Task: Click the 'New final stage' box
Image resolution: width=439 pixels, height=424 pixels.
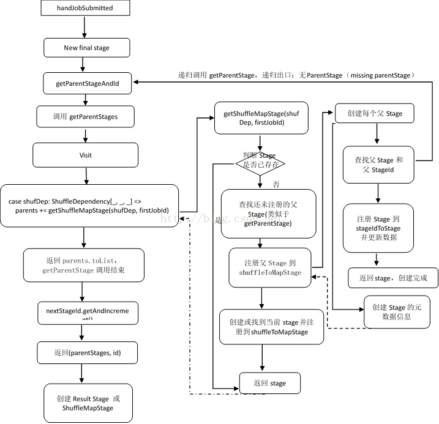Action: point(86,48)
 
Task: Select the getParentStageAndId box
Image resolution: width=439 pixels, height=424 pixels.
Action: point(87,83)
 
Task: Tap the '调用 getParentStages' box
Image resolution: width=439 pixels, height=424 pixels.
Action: point(85,116)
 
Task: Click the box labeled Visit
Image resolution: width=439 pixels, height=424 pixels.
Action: point(85,155)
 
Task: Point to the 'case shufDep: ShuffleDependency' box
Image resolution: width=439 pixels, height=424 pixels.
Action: point(89,206)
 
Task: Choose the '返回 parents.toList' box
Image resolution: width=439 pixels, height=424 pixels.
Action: point(83,265)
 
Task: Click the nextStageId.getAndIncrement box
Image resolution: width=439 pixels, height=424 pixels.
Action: point(87,311)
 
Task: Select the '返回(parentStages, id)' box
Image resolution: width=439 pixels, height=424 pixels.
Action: point(86,352)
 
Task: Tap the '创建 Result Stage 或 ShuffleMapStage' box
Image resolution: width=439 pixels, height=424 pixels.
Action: point(88,403)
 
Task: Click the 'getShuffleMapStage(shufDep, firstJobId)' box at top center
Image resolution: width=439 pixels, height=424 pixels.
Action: point(261,118)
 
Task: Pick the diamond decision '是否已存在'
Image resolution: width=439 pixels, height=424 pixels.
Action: point(261,163)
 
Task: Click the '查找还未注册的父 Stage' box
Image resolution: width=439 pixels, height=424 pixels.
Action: point(268,214)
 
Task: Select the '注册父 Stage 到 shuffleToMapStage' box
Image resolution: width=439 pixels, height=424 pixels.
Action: point(270,267)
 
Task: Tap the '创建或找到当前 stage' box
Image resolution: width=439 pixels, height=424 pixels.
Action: point(271,327)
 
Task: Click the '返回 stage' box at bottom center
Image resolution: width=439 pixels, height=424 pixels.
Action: point(270,383)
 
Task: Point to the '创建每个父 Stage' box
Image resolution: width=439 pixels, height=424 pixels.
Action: point(374,113)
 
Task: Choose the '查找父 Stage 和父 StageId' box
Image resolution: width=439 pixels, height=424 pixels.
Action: point(378,165)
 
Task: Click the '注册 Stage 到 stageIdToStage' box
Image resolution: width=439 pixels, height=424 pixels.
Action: point(378,228)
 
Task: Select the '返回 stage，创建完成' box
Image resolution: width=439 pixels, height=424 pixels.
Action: point(392,278)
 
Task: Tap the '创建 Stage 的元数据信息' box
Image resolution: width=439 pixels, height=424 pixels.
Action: point(397,312)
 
